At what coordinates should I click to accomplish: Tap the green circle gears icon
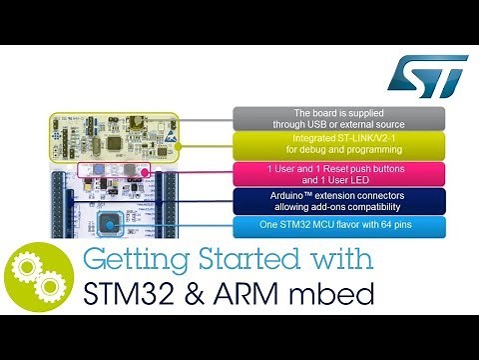point(38,283)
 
